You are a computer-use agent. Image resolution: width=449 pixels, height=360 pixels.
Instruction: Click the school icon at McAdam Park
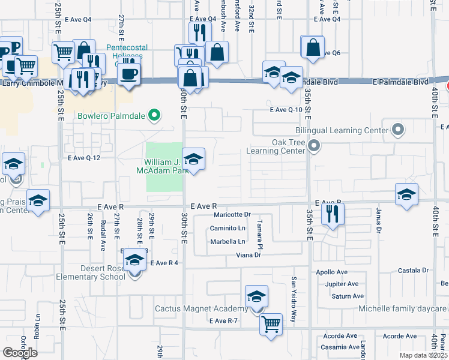tap(193, 160)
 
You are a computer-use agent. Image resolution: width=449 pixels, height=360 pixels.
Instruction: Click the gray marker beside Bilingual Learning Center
tap(397, 130)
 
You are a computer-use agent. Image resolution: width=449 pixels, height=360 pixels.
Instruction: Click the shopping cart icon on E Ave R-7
tap(271, 325)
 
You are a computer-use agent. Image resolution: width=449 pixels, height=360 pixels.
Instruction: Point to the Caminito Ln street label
tap(228, 228)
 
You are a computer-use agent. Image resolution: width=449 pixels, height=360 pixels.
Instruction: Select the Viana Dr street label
tap(248, 255)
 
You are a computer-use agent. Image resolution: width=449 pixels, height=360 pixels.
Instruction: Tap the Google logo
tap(20, 352)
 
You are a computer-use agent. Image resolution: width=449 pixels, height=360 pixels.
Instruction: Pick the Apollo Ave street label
tap(333, 272)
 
